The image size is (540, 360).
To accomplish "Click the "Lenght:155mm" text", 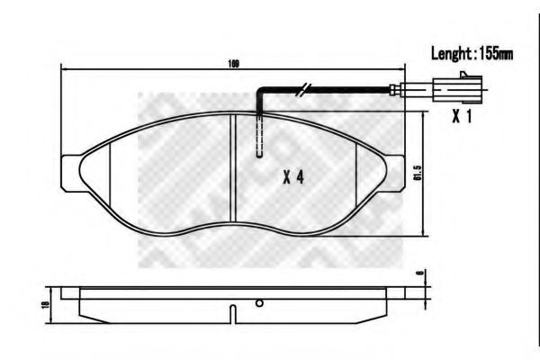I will pyautogui.click(x=472, y=54).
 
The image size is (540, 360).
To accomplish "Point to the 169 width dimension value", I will pyautogui.click(x=234, y=62).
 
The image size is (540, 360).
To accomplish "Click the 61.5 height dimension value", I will pyautogui.click(x=417, y=174).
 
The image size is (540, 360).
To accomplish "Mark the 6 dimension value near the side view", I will pyautogui.click(x=419, y=275).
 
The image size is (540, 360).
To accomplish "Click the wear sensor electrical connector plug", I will pyautogui.click(x=449, y=89).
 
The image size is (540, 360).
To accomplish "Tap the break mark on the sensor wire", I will pyautogui.click(x=305, y=89).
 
